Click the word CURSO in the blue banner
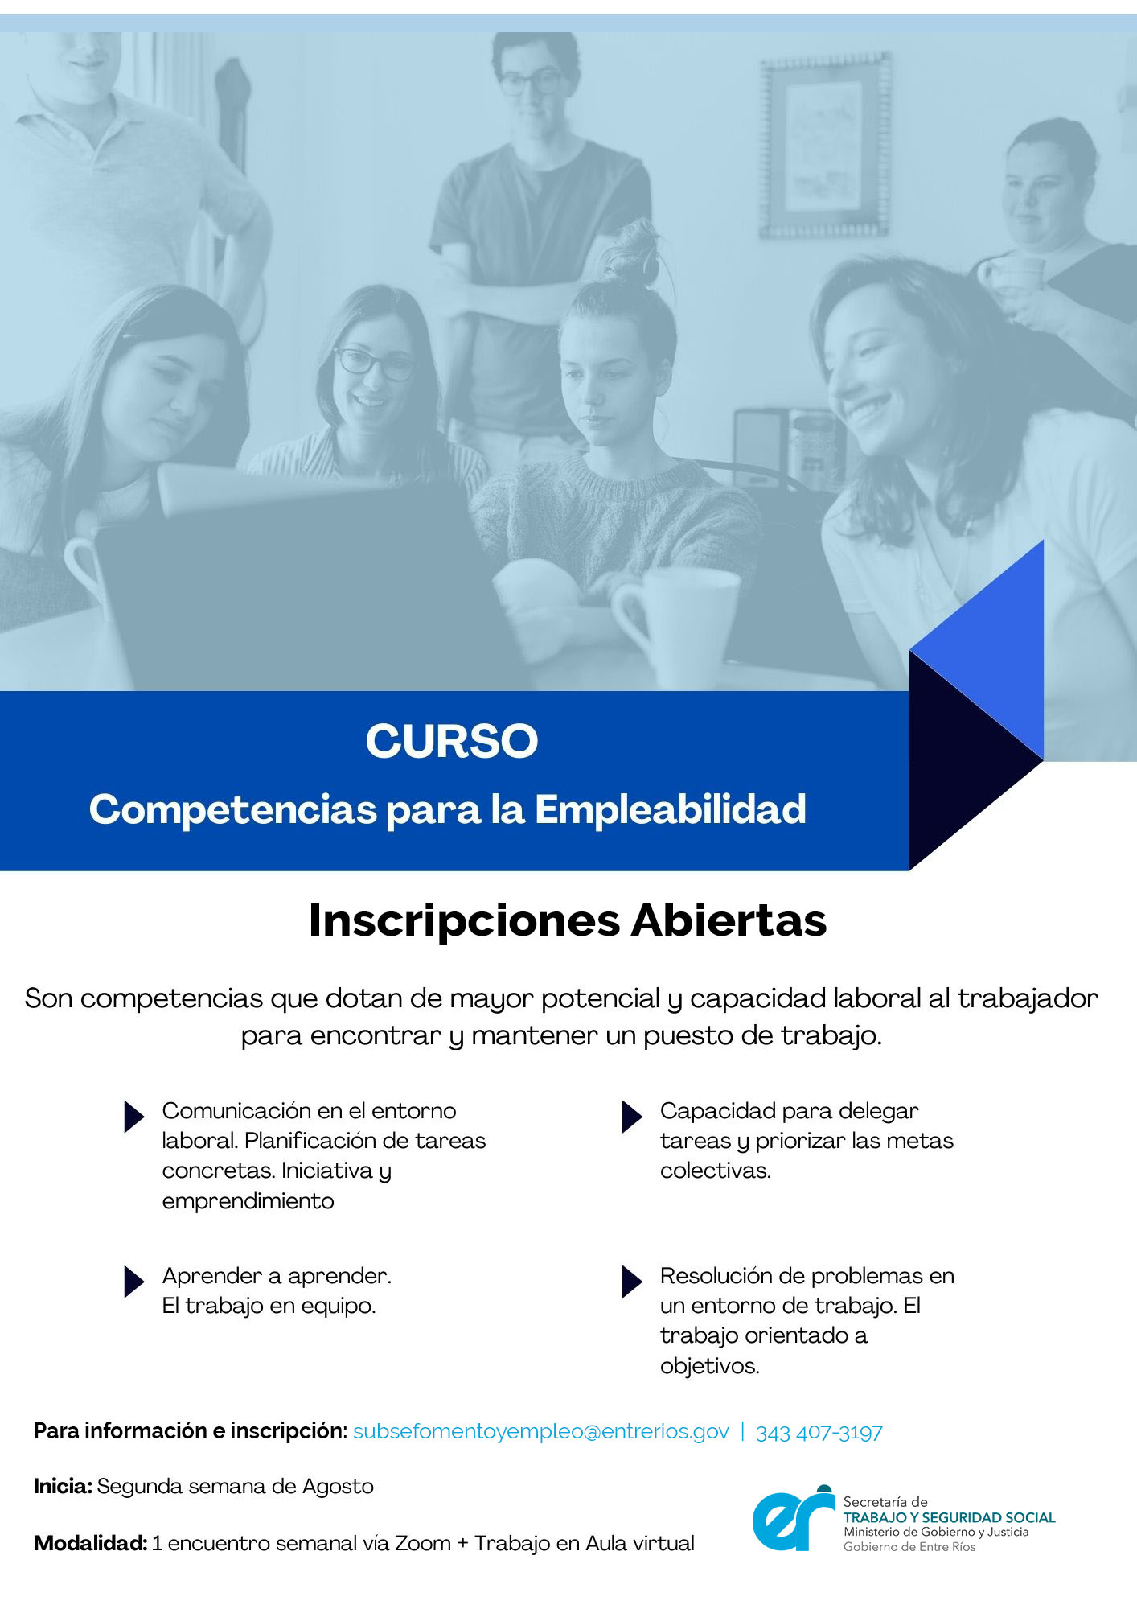pyautogui.click(x=452, y=741)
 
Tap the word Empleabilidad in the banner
pyautogui.click(x=671, y=809)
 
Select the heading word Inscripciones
pyautogui.click(x=465, y=921)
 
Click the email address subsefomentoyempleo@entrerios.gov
pyautogui.click(x=541, y=1432)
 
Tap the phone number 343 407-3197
pyautogui.click(x=819, y=1432)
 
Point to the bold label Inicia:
pyautogui.click(x=63, y=1486)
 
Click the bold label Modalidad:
pyautogui.click(x=90, y=1543)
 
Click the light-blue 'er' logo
pyautogui.click(x=794, y=1518)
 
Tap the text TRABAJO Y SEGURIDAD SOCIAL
pyautogui.click(x=949, y=1517)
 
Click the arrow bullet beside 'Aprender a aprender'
pyautogui.click(x=134, y=1282)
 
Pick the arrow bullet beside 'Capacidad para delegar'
pyautogui.click(x=632, y=1117)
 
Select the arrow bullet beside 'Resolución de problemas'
pyautogui.click(x=632, y=1282)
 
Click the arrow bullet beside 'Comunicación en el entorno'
pyautogui.click(x=134, y=1117)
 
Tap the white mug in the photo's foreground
pyautogui.click(x=676, y=623)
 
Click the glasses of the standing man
pyautogui.click(x=530, y=81)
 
